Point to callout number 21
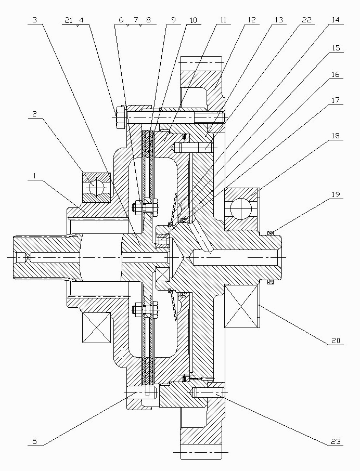pyautogui.click(x=69, y=20)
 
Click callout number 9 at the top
pyautogui.click(x=173, y=20)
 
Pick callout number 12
pyautogui.click(x=251, y=20)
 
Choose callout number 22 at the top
pyautogui.click(x=307, y=20)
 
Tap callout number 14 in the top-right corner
pyautogui.click(x=335, y=20)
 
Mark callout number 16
pyautogui.click(x=336, y=74)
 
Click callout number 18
pyautogui.click(x=336, y=136)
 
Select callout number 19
pyautogui.click(x=336, y=194)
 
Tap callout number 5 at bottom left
pyautogui.click(x=34, y=441)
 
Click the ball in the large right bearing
pyautogui.click(x=240, y=210)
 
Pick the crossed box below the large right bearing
pyautogui.click(x=241, y=306)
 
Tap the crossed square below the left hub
pyautogui.click(x=96, y=328)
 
